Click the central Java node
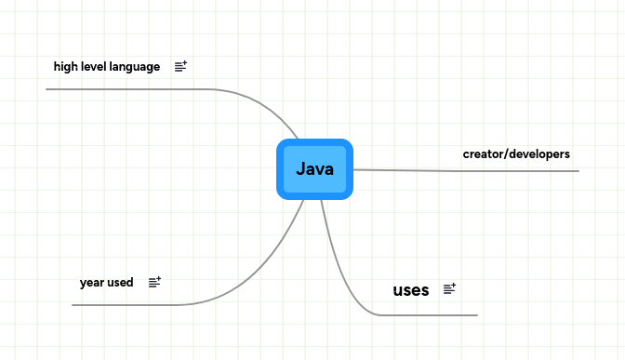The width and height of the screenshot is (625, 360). (314, 169)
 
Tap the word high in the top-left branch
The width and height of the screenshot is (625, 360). (65, 67)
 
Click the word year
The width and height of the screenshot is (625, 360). (91, 282)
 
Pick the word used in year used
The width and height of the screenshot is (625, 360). (120, 282)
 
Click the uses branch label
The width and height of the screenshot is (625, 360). (411, 290)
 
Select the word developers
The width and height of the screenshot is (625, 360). (539, 153)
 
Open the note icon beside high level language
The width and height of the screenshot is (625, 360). (180, 66)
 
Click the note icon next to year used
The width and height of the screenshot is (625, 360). (154, 282)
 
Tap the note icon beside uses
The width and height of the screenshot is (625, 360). (449, 289)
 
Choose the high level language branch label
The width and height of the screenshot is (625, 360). (107, 67)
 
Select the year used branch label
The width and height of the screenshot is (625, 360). (106, 282)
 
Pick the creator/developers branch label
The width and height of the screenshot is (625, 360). (516, 153)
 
